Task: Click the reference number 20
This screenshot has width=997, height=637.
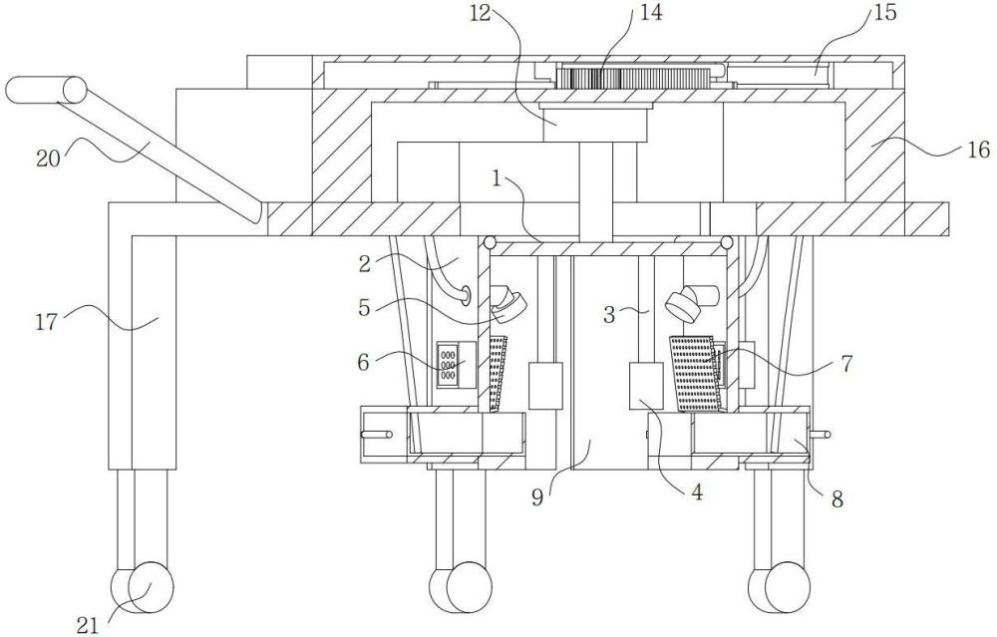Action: (48, 158)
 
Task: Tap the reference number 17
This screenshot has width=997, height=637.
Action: (46, 321)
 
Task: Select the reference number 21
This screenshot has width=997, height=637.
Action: (88, 626)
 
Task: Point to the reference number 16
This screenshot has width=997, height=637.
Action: (979, 150)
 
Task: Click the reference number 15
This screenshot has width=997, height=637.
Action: (884, 12)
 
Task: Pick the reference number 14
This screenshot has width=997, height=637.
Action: (650, 12)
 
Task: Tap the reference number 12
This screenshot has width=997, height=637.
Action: (481, 13)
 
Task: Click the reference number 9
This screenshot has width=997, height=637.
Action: (537, 496)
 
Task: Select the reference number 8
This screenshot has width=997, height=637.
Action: (837, 499)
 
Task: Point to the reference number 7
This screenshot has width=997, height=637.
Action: (845, 364)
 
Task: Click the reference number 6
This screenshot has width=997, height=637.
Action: (363, 363)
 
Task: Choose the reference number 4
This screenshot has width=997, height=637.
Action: (698, 491)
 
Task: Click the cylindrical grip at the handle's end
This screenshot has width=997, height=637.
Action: (46, 89)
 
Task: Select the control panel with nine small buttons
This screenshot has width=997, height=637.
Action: (456, 364)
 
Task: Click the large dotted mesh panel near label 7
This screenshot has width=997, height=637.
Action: (697, 374)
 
